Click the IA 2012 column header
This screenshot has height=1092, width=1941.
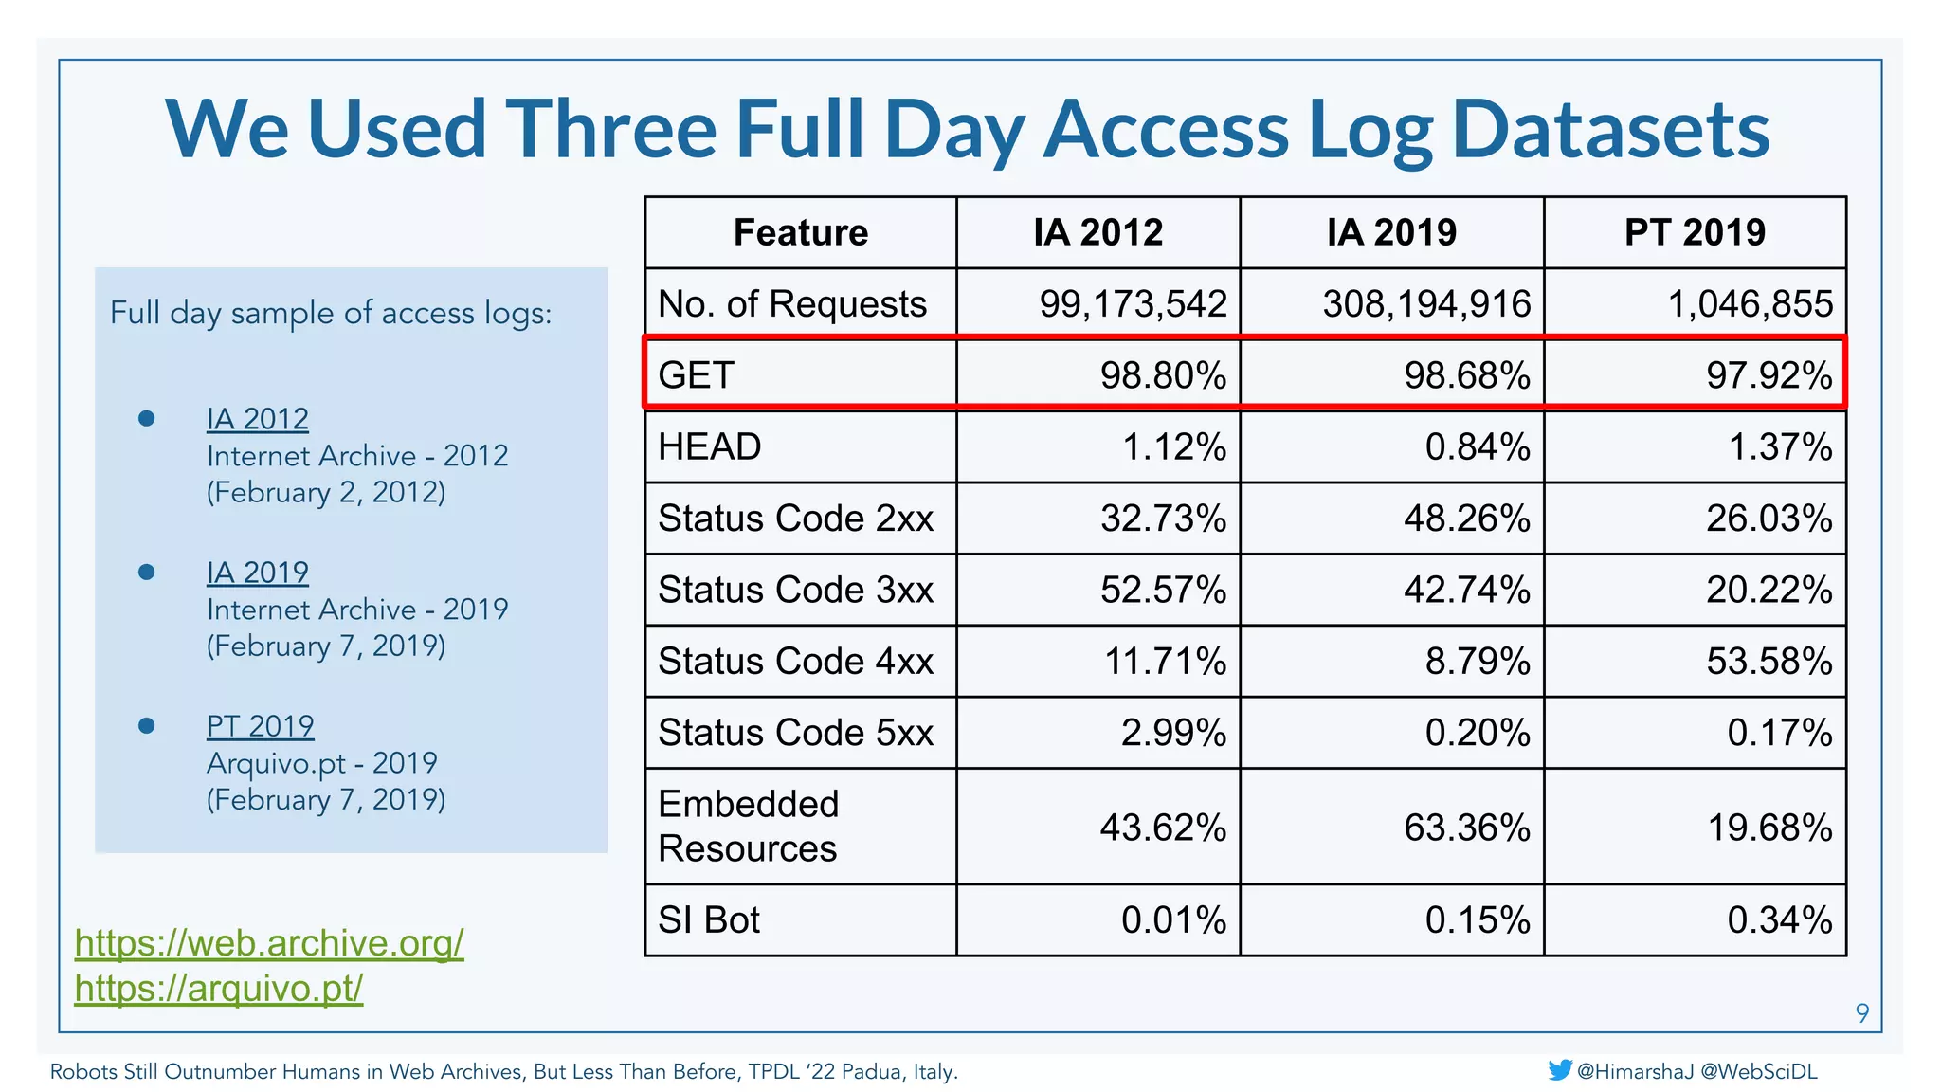coord(1097,232)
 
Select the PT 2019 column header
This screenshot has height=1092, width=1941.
coord(1695,232)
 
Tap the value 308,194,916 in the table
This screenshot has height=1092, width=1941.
coord(1426,304)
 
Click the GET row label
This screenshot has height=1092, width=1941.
coord(697,375)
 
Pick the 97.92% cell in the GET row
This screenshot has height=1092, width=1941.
coord(1769,375)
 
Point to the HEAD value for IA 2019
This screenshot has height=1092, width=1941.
coord(1477,446)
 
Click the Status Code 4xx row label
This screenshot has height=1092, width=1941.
coord(796,661)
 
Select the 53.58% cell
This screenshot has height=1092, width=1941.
coord(1769,661)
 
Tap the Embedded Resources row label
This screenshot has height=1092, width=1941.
coord(749,826)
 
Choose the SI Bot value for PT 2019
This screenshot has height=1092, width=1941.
coord(1779,919)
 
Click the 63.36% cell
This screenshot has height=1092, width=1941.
coord(1466,828)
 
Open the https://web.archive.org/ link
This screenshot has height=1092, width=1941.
coord(269,943)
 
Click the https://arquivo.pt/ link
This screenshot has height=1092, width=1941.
coord(219,989)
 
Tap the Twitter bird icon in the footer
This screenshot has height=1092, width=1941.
coord(1559,1070)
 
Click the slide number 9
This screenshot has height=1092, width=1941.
coord(1861,1013)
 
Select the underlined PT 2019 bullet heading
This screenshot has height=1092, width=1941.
coord(260,726)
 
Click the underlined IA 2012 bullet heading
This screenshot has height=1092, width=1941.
coord(257,419)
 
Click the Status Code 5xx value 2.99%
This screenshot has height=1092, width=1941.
coord(1172,733)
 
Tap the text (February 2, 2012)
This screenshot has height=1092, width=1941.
coord(325,493)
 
